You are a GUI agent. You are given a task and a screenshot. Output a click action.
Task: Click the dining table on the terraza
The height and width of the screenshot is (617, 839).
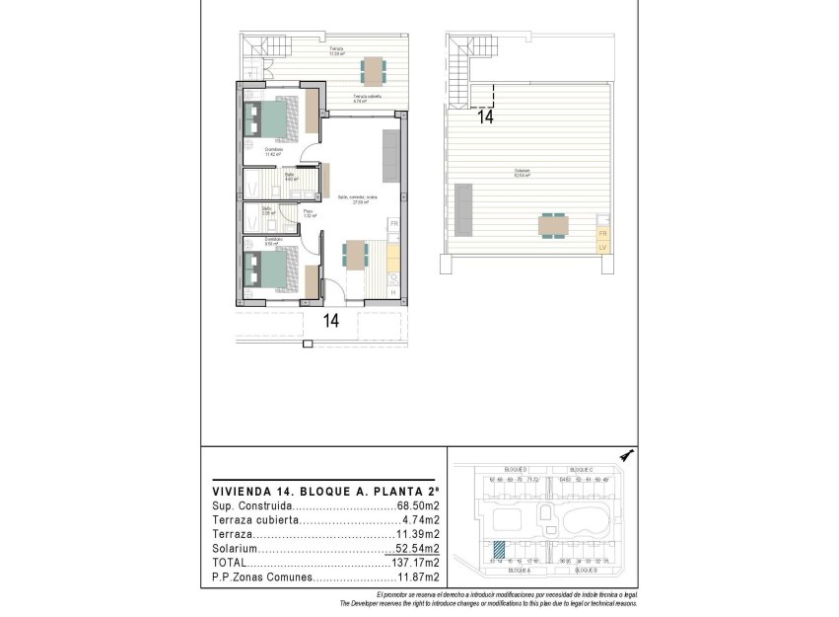pyautogui.click(x=373, y=70)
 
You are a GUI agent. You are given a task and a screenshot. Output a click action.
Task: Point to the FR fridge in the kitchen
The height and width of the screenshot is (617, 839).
pyautogui.click(x=394, y=224)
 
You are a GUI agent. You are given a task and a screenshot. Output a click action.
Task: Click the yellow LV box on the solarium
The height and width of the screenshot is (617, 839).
pyautogui.click(x=602, y=248)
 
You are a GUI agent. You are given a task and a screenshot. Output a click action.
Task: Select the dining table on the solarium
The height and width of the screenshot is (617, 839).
pyautogui.click(x=553, y=226)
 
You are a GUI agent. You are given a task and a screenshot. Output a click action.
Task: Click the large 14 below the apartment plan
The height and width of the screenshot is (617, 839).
pyautogui.click(x=330, y=320)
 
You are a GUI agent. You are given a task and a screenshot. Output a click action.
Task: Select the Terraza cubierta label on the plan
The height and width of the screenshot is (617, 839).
pyautogui.click(x=367, y=97)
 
